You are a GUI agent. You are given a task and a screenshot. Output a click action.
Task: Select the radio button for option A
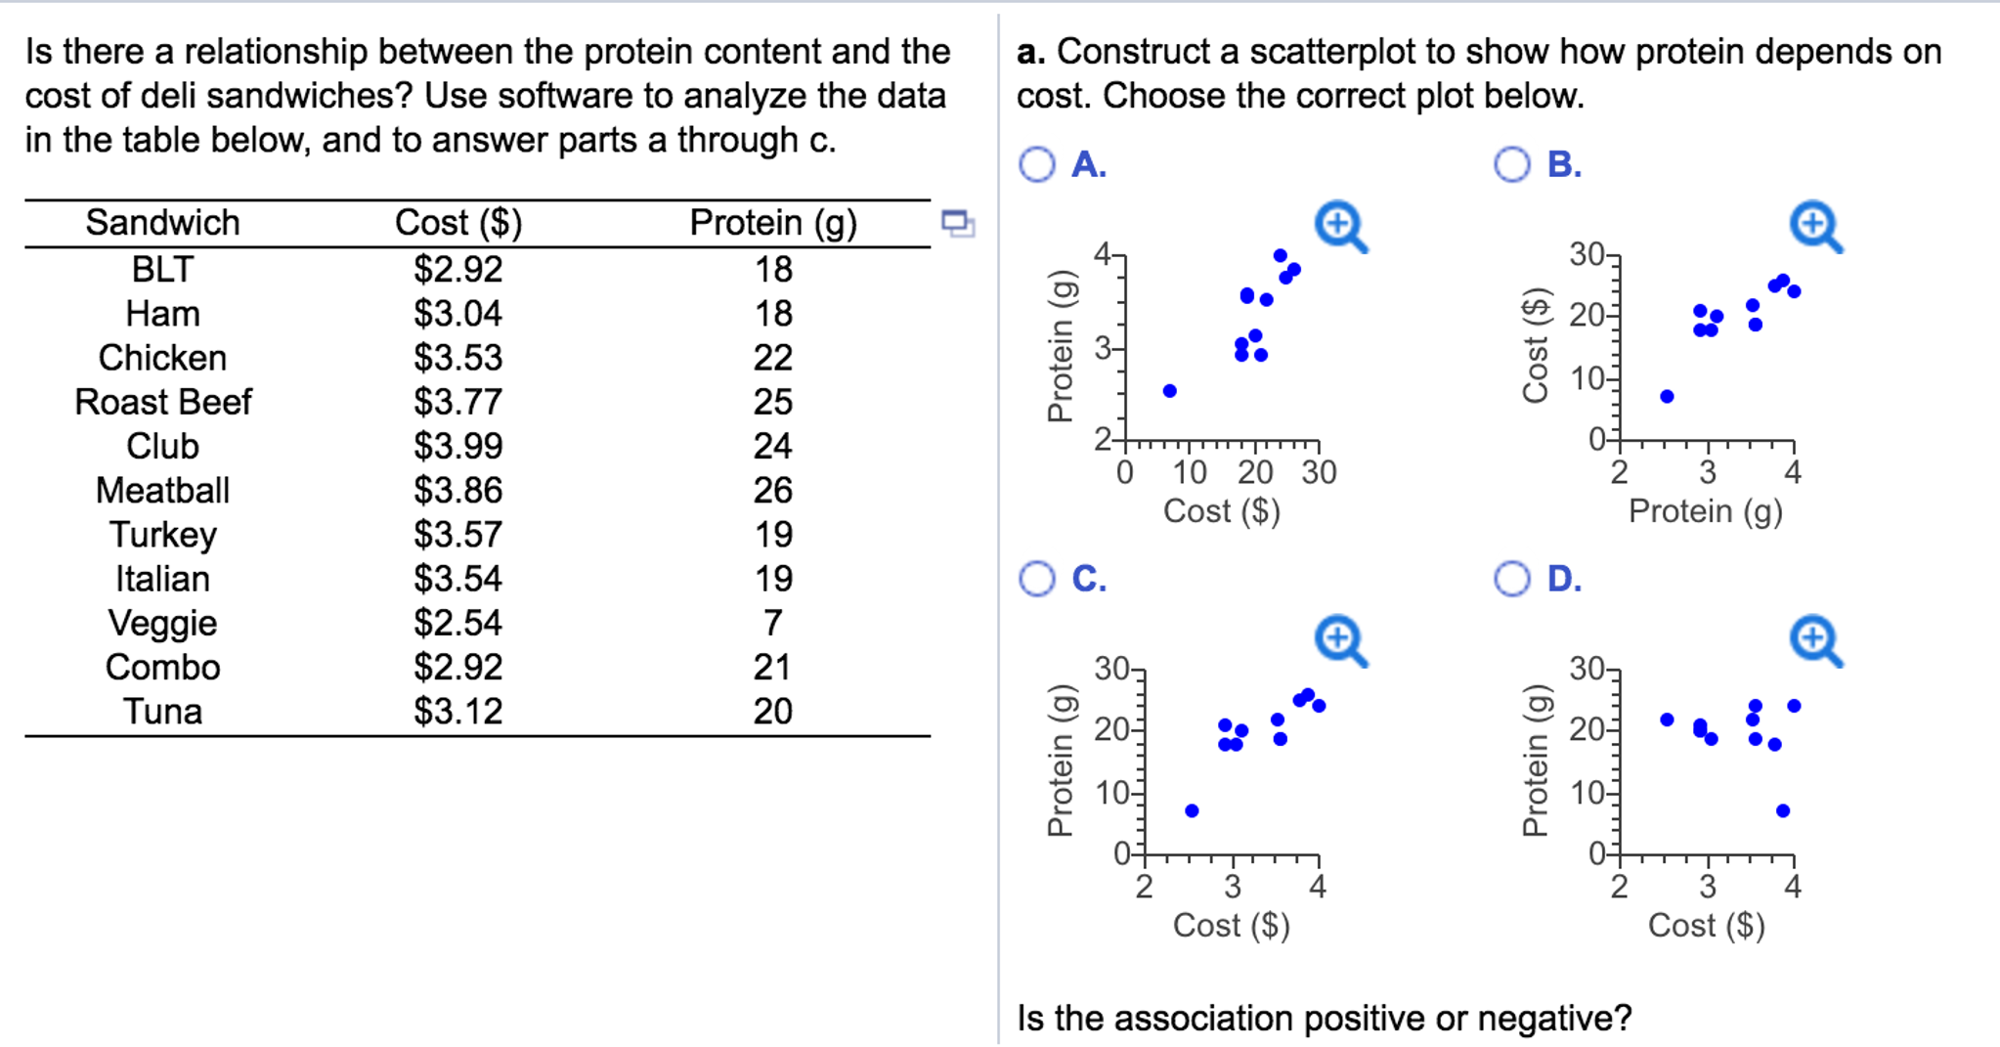pyautogui.click(x=1037, y=164)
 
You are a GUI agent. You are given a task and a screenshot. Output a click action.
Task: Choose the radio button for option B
pyautogui.click(x=1511, y=164)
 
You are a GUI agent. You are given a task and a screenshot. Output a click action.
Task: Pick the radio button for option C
pyautogui.click(x=1037, y=579)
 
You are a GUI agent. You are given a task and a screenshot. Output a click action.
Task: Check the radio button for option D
pyautogui.click(x=1511, y=579)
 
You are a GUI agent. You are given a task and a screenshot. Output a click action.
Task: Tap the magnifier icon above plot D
pyautogui.click(x=1814, y=640)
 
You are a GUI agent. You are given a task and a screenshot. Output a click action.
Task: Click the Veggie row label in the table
pyautogui.click(x=162, y=623)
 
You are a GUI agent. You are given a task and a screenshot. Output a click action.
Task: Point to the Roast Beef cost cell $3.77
pyautogui.click(x=457, y=402)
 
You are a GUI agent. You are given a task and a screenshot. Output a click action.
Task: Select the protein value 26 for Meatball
pyautogui.click(x=772, y=490)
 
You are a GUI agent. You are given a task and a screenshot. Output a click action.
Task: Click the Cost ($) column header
pyautogui.click(x=457, y=223)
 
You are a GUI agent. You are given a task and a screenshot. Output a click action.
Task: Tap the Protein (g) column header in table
pyautogui.click(x=772, y=223)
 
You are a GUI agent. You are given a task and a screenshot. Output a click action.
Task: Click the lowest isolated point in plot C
pyautogui.click(x=1192, y=810)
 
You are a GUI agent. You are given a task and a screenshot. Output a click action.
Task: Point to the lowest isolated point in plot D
pyautogui.click(x=1783, y=810)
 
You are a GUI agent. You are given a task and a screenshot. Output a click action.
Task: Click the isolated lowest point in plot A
pyautogui.click(x=1169, y=391)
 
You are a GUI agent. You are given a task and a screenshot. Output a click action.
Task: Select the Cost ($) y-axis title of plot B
pyautogui.click(x=1536, y=345)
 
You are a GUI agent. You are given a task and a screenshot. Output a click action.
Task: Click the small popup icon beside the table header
pyautogui.click(x=957, y=223)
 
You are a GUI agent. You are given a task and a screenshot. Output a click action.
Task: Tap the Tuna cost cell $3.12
pyautogui.click(x=457, y=711)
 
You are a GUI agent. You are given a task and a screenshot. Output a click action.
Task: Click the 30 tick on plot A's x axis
pyautogui.click(x=1319, y=473)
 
